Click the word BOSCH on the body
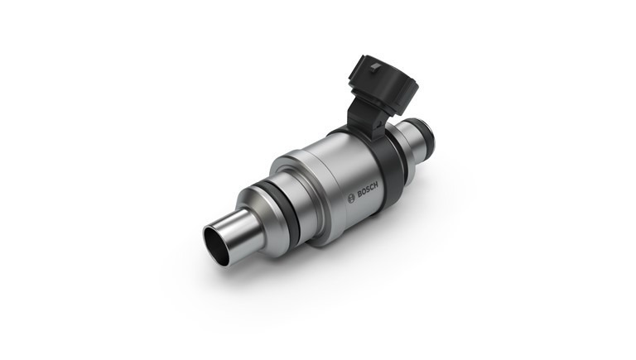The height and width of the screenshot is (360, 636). tap(368, 190)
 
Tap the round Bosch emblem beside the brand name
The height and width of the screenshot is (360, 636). tap(351, 199)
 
